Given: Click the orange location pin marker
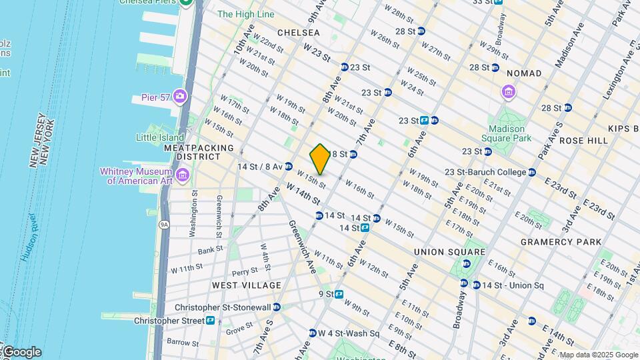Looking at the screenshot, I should coord(320,159).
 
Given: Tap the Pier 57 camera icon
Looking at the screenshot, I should coord(179,97).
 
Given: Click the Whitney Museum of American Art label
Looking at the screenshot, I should coord(136,176).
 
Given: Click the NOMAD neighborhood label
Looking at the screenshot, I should coord(524,73).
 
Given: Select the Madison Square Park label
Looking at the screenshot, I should coord(510,133).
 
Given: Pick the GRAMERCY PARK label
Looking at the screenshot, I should coord(561,242).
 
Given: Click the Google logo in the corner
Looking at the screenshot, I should coord(21,352).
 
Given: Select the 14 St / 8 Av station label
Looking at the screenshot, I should coord(261,166).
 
